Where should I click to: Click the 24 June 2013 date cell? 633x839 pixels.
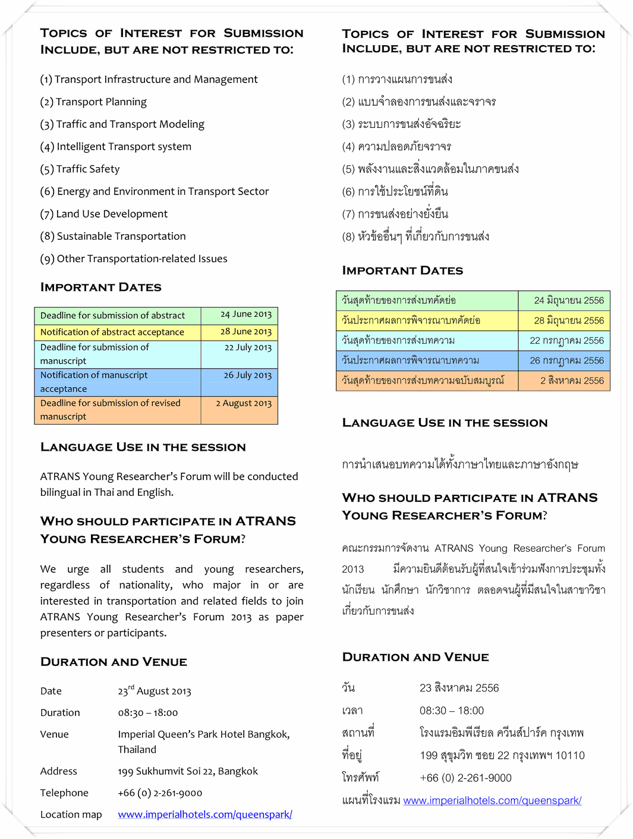245,315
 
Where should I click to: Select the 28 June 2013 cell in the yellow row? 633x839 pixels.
245,332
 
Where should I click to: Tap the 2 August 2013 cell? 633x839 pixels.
244,403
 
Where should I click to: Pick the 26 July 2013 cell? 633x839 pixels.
247,375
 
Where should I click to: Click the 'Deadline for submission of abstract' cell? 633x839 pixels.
112,315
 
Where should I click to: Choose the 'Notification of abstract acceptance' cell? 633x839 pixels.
112,332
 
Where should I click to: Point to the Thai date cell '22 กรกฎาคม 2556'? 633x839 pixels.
566,341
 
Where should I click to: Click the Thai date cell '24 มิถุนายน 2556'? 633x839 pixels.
568,301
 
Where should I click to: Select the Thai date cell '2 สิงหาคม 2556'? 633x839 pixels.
572,381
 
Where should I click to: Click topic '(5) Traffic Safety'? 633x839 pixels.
80,169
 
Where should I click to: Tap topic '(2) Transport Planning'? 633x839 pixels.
93,102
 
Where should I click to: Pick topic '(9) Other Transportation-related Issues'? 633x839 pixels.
134,259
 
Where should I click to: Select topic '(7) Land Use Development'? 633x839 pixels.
104,214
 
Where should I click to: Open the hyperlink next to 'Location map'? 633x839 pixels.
204,815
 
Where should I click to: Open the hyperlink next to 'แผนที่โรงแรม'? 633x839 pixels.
492,801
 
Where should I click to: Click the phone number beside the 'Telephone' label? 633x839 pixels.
160,793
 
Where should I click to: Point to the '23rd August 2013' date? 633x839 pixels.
155,691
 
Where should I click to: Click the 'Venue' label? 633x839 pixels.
55,734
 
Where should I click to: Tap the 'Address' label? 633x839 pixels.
59,771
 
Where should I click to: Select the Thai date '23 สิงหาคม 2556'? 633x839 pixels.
459,688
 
